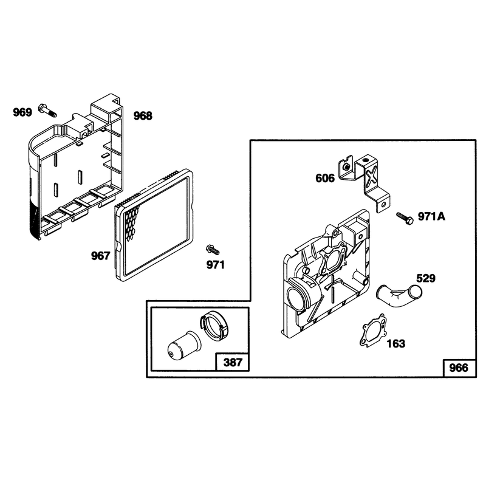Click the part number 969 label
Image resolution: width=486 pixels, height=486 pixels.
pyautogui.click(x=22, y=112)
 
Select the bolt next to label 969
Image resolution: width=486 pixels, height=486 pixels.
pyautogui.click(x=47, y=111)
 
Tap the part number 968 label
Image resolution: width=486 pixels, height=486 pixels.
pyautogui.click(x=143, y=115)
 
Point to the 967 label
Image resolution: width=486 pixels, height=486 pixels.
pyautogui.click(x=100, y=256)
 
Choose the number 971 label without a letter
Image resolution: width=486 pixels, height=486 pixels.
pyautogui.click(x=216, y=265)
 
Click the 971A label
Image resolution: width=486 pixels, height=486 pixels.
pyautogui.click(x=431, y=216)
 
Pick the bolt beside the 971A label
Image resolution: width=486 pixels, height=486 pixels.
pyautogui.click(x=405, y=218)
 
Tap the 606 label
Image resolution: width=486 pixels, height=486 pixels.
pyautogui.click(x=325, y=178)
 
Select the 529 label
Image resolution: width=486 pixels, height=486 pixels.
pyautogui.click(x=426, y=278)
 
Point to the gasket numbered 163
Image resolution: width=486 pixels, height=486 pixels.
pyautogui.click(x=374, y=330)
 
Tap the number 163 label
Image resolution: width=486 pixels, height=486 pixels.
pyautogui.click(x=396, y=343)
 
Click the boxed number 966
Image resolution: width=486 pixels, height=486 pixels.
pyautogui.click(x=459, y=368)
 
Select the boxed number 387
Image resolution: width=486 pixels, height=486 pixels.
pyautogui.click(x=233, y=362)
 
